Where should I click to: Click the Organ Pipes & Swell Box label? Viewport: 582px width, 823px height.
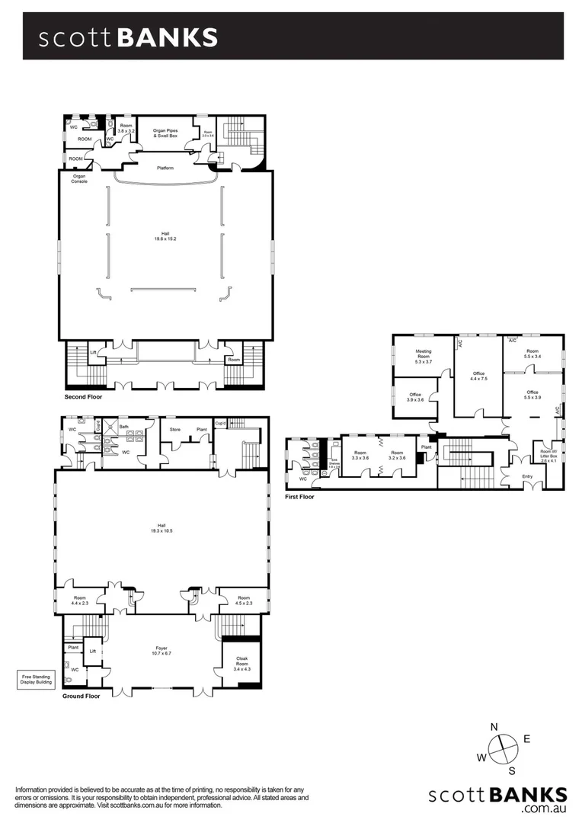pyautogui.click(x=165, y=133)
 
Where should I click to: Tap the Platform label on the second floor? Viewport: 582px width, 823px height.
pyautogui.click(x=165, y=167)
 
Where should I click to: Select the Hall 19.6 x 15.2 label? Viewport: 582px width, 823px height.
pyautogui.click(x=165, y=237)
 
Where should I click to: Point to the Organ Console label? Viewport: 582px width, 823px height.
pyautogui.click(x=79, y=179)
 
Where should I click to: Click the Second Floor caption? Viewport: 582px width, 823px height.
pyautogui.click(x=83, y=397)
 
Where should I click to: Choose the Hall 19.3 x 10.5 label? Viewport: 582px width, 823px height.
pyautogui.click(x=161, y=527)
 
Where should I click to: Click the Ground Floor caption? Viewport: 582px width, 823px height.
pyautogui.click(x=82, y=696)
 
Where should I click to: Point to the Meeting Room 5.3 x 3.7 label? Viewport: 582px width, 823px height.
pyautogui.click(x=423, y=356)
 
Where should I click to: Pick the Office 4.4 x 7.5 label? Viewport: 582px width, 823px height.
pyautogui.click(x=478, y=376)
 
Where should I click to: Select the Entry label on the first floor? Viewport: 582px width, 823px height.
pyautogui.click(x=528, y=476)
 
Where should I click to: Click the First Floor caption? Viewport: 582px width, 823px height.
pyautogui.click(x=299, y=496)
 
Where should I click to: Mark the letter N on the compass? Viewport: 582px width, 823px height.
pyautogui.click(x=494, y=726)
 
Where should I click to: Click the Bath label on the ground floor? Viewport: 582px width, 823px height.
pyautogui.click(x=123, y=427)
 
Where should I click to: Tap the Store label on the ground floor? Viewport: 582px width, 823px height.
pyautogui.click(x=174, y=429)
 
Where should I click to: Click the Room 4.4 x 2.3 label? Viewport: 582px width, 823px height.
pyautogui.click(x=79, y=600)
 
